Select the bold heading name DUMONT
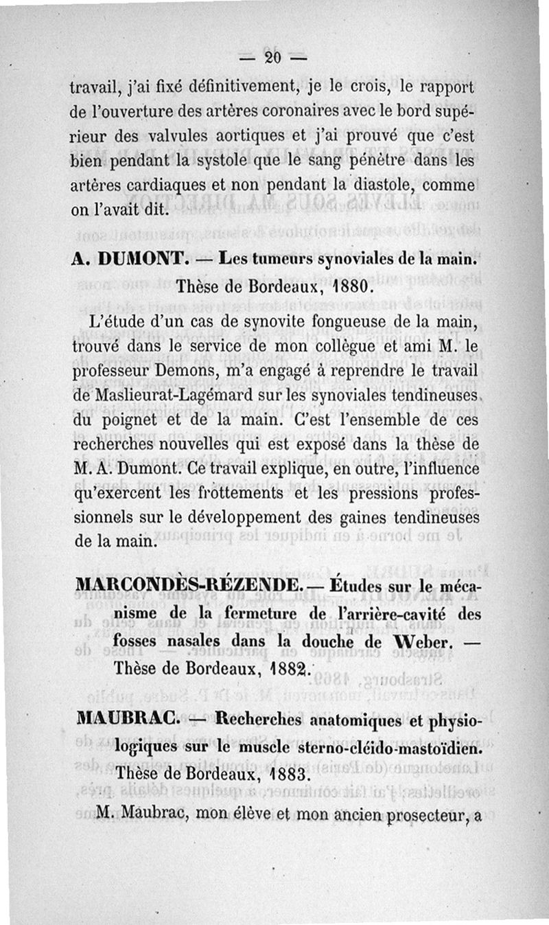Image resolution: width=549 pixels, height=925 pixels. coord(137,260)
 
